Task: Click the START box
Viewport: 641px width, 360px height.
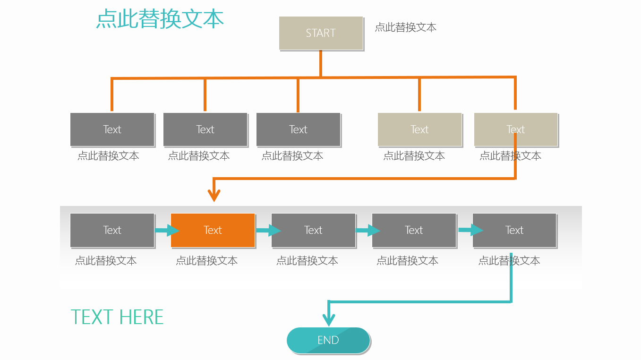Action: [321, 33]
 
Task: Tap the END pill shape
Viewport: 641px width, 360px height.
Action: [328, 340]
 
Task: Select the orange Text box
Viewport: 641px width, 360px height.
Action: [213, 230]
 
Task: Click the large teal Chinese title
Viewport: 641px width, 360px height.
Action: [160, 19]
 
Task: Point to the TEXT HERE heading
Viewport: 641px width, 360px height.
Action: [117, 317]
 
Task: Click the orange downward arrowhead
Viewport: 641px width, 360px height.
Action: [214, 195]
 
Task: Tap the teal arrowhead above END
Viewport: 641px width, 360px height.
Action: [329, 320]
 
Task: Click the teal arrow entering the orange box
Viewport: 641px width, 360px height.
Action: [167, 230]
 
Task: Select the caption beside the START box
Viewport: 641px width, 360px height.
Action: [405, 27]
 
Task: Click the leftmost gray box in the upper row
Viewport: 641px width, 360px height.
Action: [112, 129]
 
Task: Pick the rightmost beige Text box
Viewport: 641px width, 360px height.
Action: [516, 129]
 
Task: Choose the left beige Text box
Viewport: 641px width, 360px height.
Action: [419, 129]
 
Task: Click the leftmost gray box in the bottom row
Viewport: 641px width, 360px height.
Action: [112, 230]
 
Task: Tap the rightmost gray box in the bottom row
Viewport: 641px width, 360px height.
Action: [514, 230]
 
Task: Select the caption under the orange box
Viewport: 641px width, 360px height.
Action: [206, 261]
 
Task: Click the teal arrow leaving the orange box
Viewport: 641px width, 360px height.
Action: [268, 230]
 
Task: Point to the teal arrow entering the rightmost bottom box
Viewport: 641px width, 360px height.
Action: [471, 230]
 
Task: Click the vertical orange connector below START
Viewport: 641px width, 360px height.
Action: [321, 63]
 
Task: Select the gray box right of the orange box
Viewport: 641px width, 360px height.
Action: [313, 230]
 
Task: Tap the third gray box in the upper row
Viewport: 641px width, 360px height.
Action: [298, 129]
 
